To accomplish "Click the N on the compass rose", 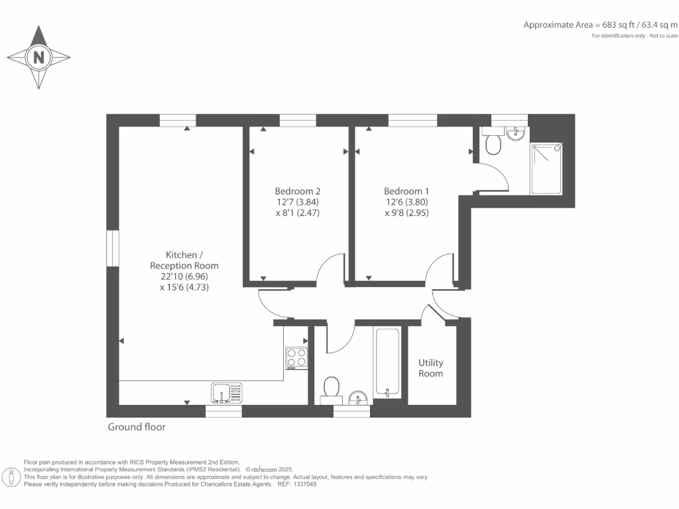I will coord(38,58).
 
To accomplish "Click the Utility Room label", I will coord(430,368).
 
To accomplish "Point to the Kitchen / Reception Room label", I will coord(184,260).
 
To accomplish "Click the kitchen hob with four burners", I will coord(296,358).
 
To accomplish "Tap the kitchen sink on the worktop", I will coord(227,392).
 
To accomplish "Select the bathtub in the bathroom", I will coord(387,362).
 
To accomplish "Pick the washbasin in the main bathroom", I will coord(358,398).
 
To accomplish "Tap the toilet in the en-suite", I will coord(493,142).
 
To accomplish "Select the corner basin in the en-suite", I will coord(515,135).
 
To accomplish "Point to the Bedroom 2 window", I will coord(297,120).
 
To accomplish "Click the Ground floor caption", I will coord(137,427).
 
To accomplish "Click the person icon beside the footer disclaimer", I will coord(11,477).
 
